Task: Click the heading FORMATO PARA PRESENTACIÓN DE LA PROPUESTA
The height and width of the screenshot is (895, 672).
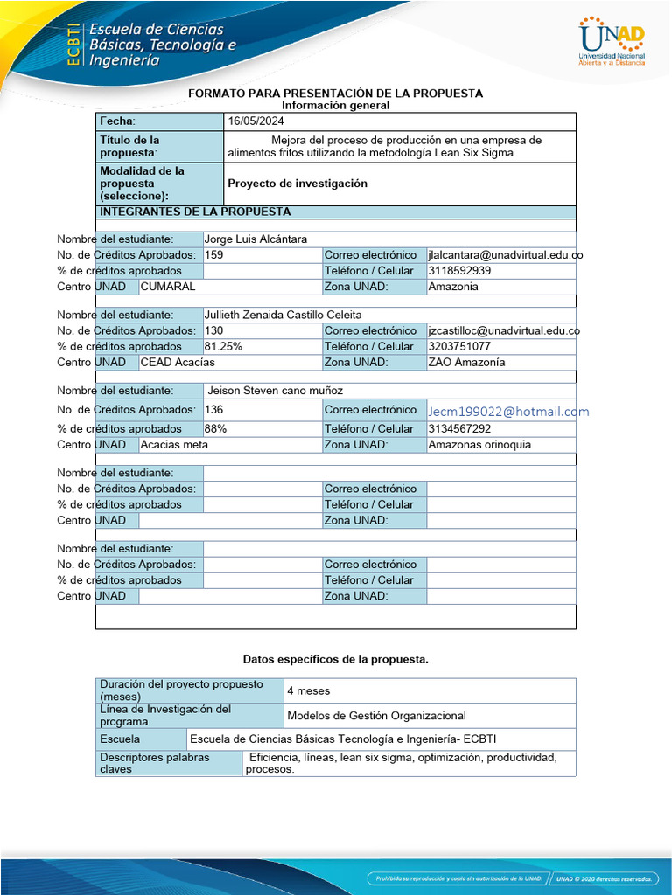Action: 336,94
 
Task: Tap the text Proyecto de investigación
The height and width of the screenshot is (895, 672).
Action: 297,184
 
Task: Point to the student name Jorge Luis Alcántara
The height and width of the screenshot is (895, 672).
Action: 255,239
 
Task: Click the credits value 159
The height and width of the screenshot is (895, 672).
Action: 214,255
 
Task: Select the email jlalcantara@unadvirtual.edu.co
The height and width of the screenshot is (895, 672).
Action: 505,255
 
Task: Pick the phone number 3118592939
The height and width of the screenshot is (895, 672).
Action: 459,271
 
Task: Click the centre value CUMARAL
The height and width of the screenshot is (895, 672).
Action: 168,287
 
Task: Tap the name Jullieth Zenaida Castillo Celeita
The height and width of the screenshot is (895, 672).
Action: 283,315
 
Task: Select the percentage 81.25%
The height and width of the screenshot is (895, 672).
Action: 223,346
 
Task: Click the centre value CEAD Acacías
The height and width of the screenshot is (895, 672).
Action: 178,362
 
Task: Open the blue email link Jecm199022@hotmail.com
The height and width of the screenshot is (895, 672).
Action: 508,412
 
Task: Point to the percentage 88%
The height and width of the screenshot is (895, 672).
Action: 215,428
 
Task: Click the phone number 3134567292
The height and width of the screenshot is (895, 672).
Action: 459,428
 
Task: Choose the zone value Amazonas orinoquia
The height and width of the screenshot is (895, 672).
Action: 479,444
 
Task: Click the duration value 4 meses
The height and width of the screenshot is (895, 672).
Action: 309,690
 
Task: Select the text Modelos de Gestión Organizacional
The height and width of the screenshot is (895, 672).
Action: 376,716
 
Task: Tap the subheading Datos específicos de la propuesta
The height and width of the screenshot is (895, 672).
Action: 336,659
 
